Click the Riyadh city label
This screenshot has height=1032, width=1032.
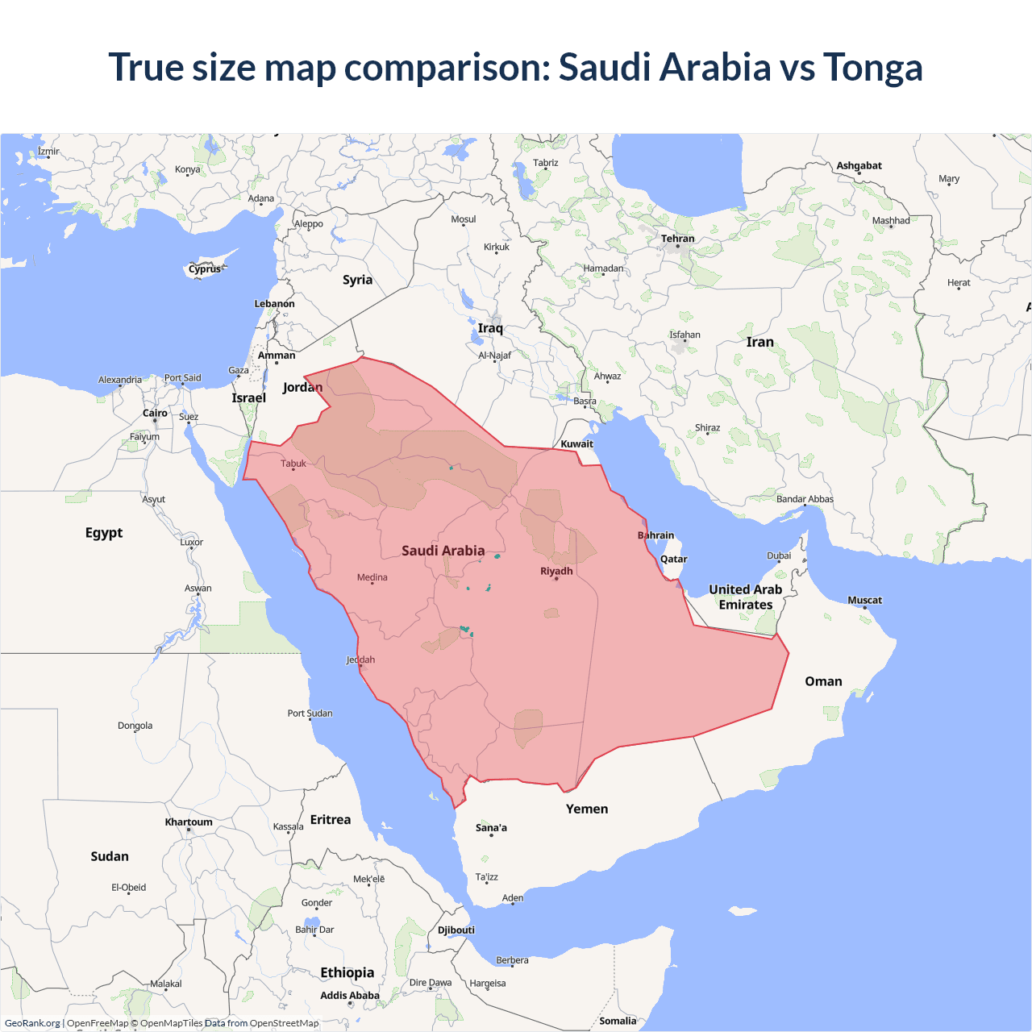(x=556, y=571)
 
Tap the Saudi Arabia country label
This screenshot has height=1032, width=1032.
(x=443, y=551)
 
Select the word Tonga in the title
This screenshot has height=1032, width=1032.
(x=872, y=67)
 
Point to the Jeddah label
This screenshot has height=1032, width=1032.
(x=360, y=660)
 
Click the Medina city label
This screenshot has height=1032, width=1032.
(x=372, y=577)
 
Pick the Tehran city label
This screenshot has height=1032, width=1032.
(x=677, y=239)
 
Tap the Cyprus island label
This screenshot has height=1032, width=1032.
(x=205, y=269)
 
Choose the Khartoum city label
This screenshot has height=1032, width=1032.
(x=189, y=822)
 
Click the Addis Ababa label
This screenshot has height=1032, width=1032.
(x=349, y=996)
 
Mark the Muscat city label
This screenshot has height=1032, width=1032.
(x=864, y=600)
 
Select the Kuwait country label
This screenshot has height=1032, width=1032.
(x=576, y=444)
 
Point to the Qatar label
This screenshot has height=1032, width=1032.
(x=673, y=559)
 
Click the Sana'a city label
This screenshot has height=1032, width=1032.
(x=491, y=828)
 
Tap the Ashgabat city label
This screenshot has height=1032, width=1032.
(x=859, y=166)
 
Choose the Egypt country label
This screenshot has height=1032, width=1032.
(x=104, y=533)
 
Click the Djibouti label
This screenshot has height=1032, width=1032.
(x=456, y=930)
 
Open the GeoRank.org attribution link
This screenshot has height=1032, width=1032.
(x=32, y=1023)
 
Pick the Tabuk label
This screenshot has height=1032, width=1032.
(x=293, y=464)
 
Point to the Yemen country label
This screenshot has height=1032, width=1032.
(x=587, y=809)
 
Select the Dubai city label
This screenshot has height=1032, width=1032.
(x=779, y=556)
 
